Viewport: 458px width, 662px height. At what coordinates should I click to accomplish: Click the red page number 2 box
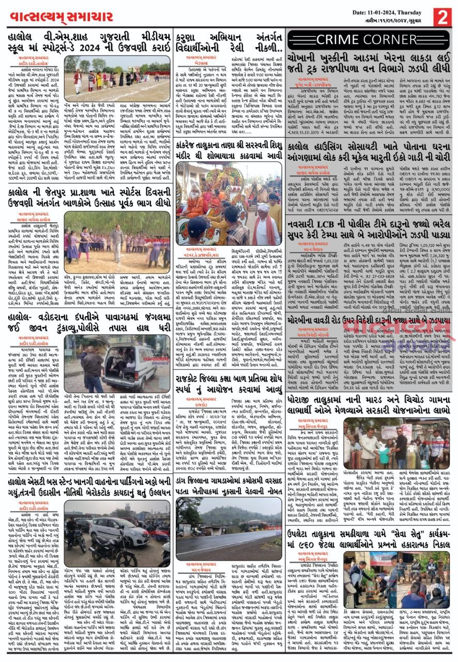click(x=442, y=17)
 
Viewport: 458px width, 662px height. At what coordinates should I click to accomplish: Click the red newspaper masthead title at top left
click(x=61, y=17)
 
